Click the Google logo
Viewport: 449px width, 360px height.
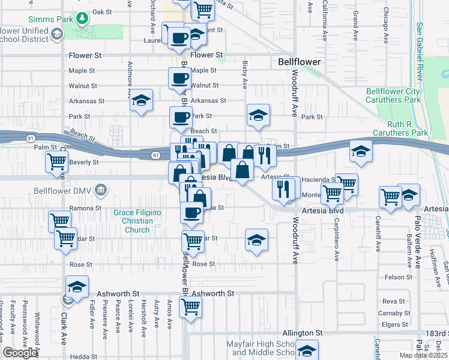point(20,353)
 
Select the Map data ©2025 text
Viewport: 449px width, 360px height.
point(423,355)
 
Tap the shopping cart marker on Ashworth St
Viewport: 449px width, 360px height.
point(191,307)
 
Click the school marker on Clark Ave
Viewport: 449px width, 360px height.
point(77,287)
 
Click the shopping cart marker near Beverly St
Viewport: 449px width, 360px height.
point(57,161)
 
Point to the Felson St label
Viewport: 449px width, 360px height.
point(399,277)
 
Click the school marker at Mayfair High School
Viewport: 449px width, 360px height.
point(307,350)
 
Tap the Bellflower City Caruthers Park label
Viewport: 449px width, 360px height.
point(394,95)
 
